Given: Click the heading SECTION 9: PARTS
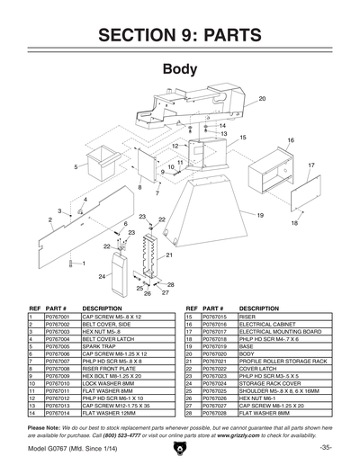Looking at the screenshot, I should (180, 35).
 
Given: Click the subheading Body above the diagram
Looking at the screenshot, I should (180, 68).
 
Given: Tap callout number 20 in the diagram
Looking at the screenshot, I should (263, 98).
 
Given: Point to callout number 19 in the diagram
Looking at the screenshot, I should (259, 216).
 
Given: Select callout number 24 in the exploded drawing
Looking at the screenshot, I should (103, 276).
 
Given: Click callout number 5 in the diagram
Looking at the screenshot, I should (76, 166).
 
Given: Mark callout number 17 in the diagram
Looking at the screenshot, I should (310, 165).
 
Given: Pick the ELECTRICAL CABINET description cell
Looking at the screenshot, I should (269, 326).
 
